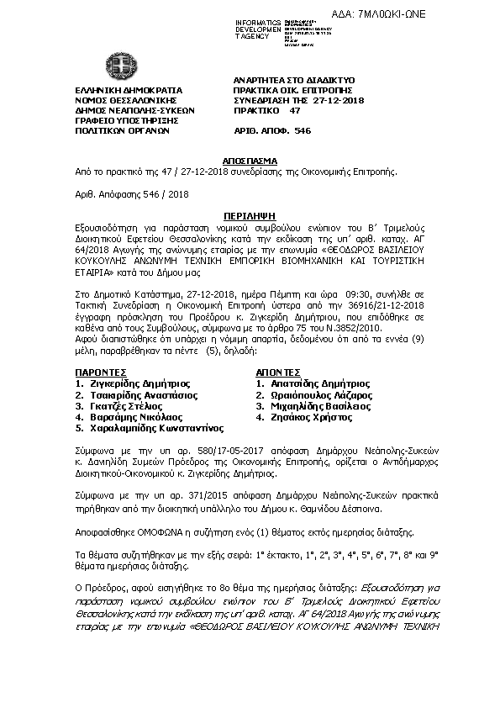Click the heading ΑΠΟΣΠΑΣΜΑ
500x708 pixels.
tap(250, 158)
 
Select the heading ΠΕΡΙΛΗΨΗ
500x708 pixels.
tap(250, 216)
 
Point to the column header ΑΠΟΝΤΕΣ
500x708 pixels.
tap(277, 371)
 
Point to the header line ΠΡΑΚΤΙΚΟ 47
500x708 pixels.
tap(266, 109)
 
